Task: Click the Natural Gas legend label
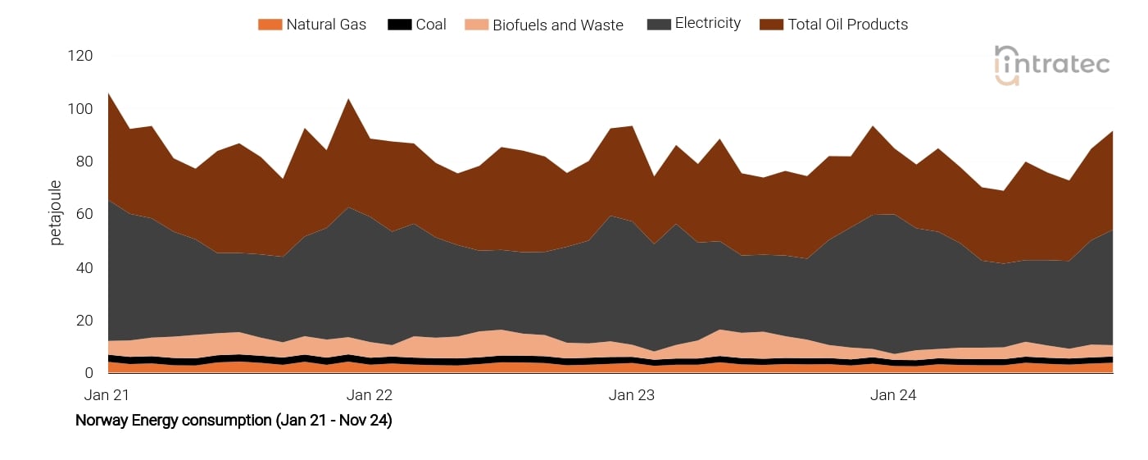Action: pos(326,25)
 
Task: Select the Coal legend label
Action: pos(431,25)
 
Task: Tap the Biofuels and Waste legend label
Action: pos(557,25)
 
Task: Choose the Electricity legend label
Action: pos(707,24)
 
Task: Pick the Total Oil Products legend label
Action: pos(847,25)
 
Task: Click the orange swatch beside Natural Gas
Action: pos(270,25)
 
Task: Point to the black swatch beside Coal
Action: pos(399,25)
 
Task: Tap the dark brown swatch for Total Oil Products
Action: pos(772,25)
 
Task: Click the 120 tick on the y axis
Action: pos(80,56)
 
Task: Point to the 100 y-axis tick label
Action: pos(80,109)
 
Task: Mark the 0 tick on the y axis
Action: pos(88,373)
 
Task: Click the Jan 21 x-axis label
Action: pos(107,395)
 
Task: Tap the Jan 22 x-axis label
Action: pos(370,395)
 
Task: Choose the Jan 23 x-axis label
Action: pos(632,395)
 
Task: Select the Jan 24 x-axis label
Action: pos(893,395)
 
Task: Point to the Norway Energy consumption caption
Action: pos(234,421)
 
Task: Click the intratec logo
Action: pos(1051,64)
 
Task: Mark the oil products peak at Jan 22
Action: pos(350,100)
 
